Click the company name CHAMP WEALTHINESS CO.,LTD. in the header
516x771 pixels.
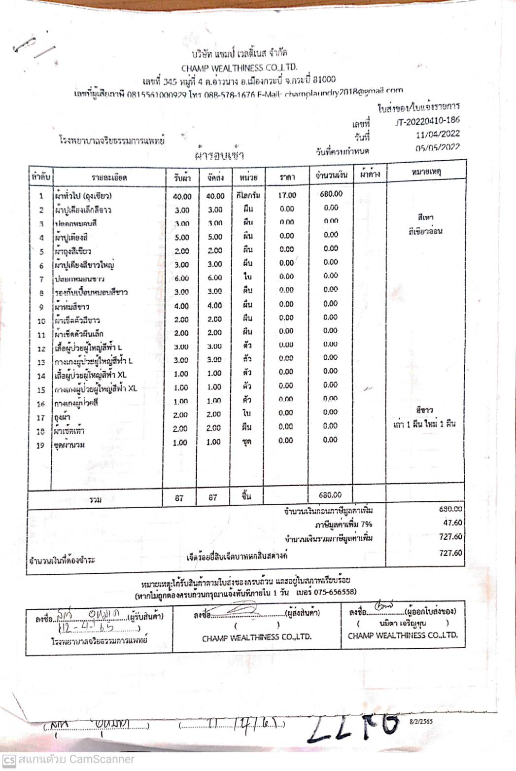point(239,67)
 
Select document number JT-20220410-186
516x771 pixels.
point(427,121)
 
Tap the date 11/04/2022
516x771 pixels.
point(438,134)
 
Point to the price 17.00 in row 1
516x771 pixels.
point(287,195)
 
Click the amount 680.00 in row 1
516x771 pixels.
point(331,194)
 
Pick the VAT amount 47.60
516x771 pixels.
point(452,523)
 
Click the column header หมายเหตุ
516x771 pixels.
point(425,172)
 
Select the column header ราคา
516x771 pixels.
point(287,176)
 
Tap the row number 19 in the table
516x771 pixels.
point(41,445)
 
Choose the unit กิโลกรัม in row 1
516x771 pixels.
point(248,195)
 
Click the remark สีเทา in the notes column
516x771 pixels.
point(425,217)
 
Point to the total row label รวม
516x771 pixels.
point(95,499)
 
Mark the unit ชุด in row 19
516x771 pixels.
point(247,442)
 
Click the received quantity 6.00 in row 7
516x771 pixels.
point(181,278)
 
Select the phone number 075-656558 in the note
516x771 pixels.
point(335,592)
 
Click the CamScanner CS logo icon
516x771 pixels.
point(9,760)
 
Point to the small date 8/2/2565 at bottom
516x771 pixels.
point(421,721)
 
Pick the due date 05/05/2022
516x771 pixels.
point(438,147)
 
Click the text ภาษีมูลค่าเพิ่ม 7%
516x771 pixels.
point(344,524)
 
